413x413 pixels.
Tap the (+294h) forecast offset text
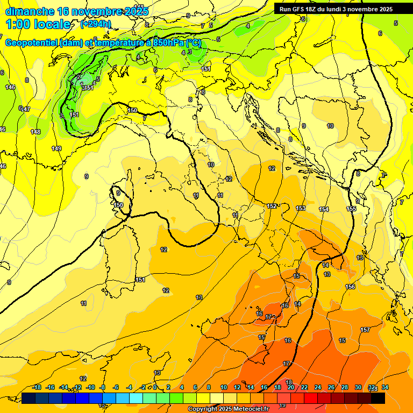(96, 24)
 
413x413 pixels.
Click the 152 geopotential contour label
(272, 206)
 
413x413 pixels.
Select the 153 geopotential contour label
(301, 208)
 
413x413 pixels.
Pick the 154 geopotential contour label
(324, 209)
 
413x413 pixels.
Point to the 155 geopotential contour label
(351, 209)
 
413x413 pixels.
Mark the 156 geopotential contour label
(350, 287)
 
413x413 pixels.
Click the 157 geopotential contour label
(365, 330)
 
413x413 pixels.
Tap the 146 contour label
(10, 87)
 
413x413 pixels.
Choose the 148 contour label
(35, 132)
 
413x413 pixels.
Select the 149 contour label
(56, 148)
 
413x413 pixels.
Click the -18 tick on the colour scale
(37, 387)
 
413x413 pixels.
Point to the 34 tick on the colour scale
(385, 387)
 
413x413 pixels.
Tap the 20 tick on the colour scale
(291, 387)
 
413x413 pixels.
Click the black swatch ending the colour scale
(378, 398)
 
